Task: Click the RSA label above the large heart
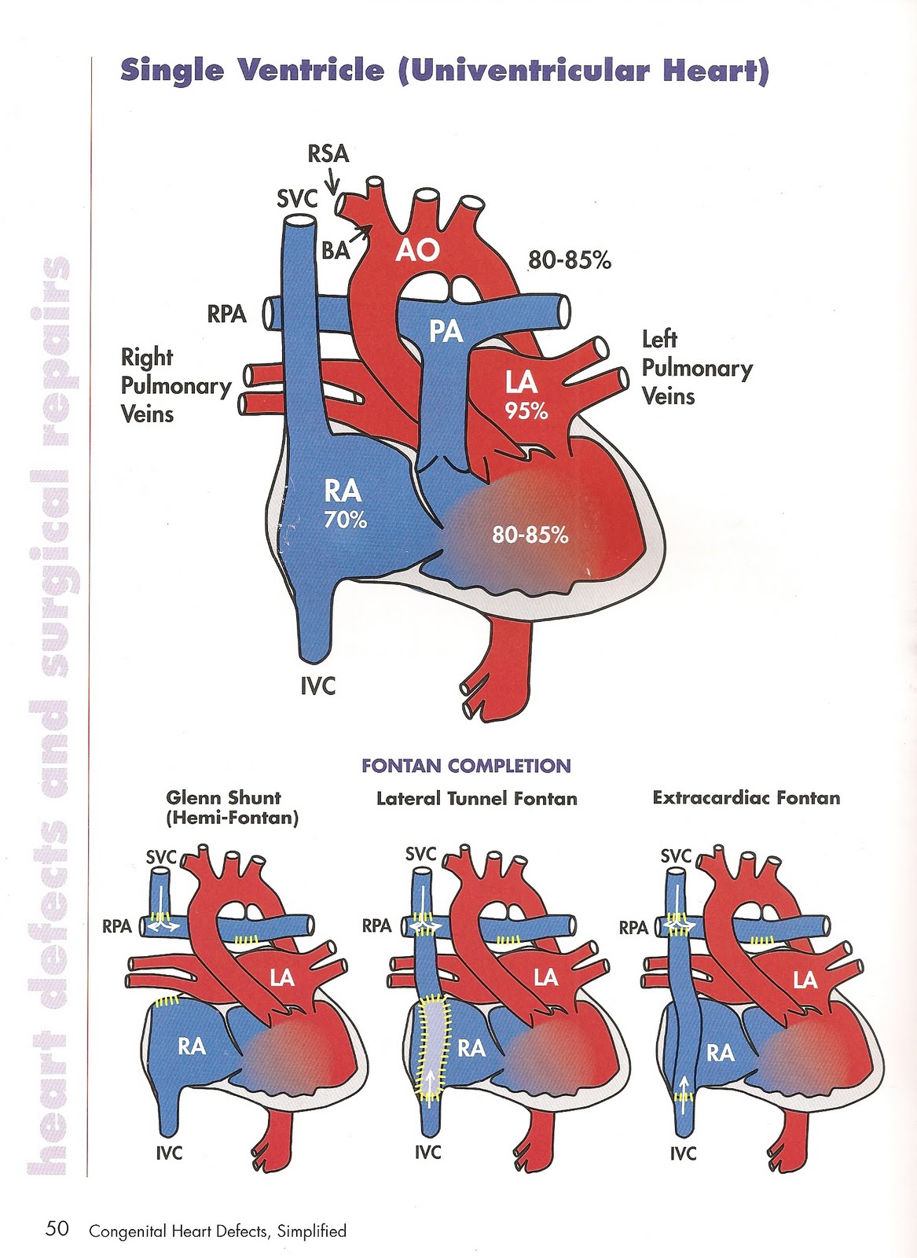(x=328, y=153)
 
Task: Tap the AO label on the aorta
(x=416, y=251)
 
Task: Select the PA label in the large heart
(x=446, y=331)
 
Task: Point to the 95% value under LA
(x=526, y=410)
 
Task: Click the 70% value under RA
(x=345, y=520)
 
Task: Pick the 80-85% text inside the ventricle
(x=530, y=535)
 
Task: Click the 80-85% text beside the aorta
(x=569, y=260)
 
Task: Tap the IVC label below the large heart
(x=317, y=686)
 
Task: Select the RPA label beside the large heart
(x=226, y=314)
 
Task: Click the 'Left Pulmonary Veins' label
(x=696, y=368)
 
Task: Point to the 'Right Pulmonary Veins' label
(x=175, y=385)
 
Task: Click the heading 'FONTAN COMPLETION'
(x=466, y=766)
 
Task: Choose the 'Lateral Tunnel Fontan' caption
(x=476, y=799)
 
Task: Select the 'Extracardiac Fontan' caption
(x=746, y=798)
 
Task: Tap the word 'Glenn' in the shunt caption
(x=193, y=798)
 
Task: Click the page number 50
(x=57, y=1229)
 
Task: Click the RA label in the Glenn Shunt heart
(x=192, y=1046)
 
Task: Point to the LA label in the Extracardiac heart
(x=805, y=980)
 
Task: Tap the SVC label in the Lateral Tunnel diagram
(x=420, y=854)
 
